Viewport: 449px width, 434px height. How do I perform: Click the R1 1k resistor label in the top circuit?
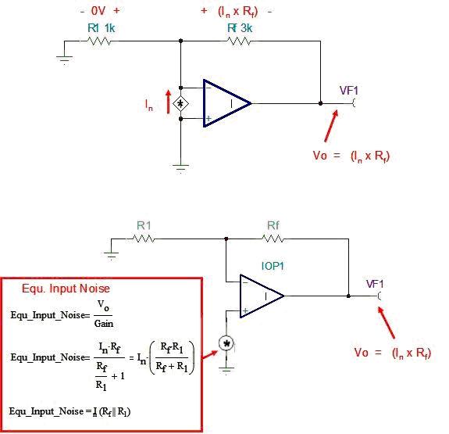point(101,28)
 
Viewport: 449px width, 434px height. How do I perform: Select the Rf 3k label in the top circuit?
point(240,28)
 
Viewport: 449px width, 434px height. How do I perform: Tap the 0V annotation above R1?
point(98,11)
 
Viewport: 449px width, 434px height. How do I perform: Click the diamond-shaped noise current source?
point(180,103)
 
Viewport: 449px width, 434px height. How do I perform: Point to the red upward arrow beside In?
point(169,102)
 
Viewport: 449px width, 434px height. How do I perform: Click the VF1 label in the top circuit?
point(349,91)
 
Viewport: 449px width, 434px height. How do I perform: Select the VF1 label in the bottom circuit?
point(375,284)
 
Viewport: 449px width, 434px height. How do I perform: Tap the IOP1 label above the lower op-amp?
point(273,266)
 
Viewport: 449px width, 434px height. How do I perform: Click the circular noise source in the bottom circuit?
point(226,343)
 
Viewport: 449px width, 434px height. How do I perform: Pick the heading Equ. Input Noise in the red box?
point(66,289)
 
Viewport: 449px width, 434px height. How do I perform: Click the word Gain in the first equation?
point(104,324)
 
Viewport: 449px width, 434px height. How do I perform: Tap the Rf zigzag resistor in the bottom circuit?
point(273,239)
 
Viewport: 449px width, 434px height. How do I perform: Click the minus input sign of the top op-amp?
point(208,88)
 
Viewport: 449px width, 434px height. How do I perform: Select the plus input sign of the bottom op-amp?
point(245,310)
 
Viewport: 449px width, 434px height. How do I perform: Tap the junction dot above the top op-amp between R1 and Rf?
point(180,41)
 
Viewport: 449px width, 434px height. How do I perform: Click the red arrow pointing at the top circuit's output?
point(331,126)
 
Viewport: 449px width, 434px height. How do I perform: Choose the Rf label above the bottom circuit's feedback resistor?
point(273,225)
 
